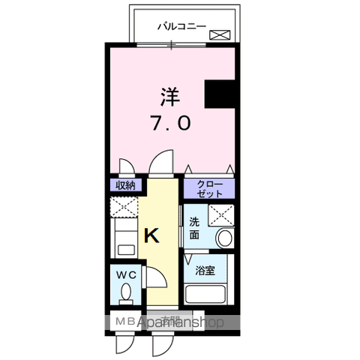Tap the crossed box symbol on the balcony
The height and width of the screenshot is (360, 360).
(x=220, y=33)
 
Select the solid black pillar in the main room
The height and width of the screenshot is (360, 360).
(x=221, y=95)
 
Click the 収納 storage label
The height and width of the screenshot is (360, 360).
(x=125, y=185)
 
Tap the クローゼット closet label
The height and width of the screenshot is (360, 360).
(x=209, y=187)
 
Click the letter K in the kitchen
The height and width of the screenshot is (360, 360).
(x=151, y=236)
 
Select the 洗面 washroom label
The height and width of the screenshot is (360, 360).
(x=194, y=229)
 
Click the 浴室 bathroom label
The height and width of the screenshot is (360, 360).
(x=205, y=271)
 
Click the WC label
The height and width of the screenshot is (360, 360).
(x=126, y=274)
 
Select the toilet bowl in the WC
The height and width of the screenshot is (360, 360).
(x=126, y=291)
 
